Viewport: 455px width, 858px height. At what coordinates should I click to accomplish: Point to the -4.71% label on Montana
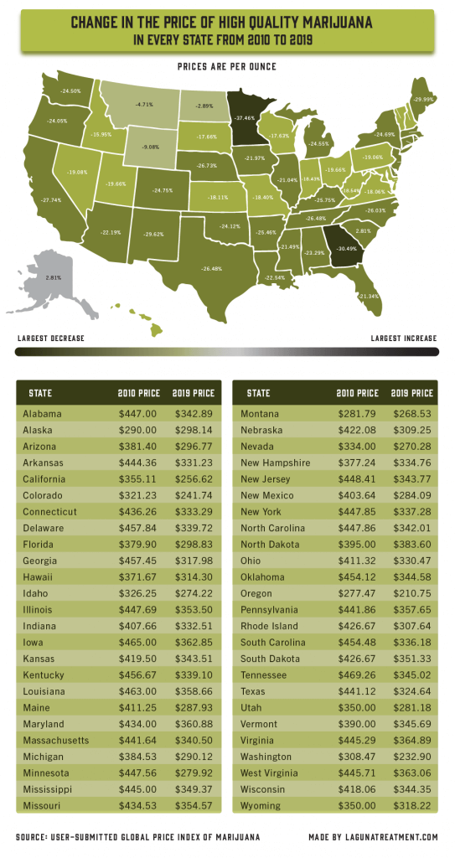tap(145, 105)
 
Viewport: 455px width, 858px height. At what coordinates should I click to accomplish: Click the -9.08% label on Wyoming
tap(152, 147)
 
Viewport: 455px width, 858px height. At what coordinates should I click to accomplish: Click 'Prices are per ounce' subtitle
tap(227, 65)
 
